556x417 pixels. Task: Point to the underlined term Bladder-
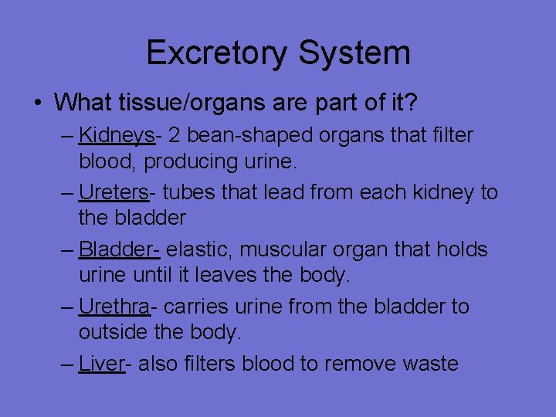tap(120, 249)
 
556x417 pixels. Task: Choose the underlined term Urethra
tap(115, 307)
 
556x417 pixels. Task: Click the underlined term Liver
tap(102, 364)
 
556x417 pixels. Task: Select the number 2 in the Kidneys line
tap(174, 136)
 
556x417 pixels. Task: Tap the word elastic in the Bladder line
tap(193, 249)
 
